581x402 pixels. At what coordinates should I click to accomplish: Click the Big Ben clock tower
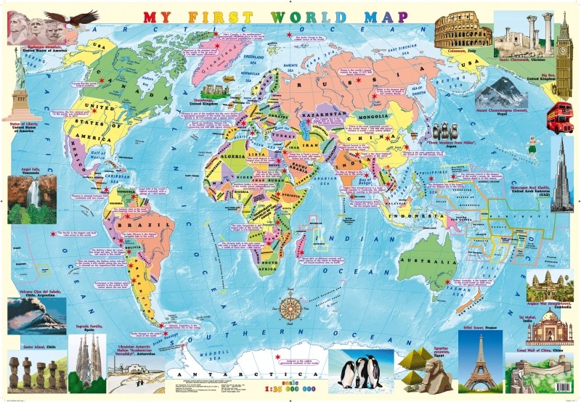click(564, 54)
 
